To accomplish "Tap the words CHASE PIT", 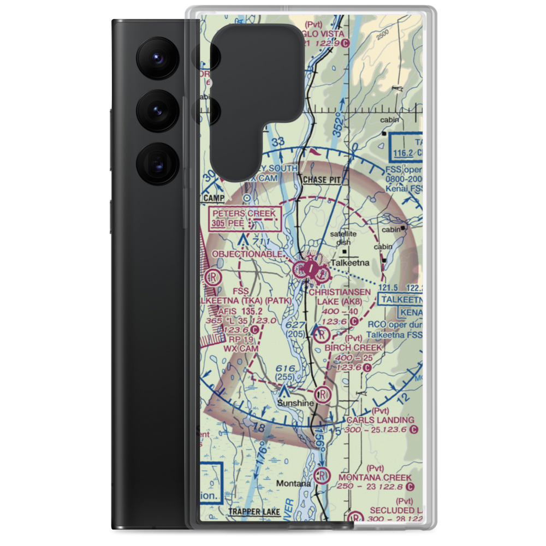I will (x=321, y=180).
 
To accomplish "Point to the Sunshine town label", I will (x=295, y=403).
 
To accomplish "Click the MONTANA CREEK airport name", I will (x=382, y=478).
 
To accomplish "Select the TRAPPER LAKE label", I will (x=254, y=512).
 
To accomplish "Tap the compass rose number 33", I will (x=278, y=143).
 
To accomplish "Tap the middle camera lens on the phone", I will (x=158, y=111).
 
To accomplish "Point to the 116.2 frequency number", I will (x=405, y=155).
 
